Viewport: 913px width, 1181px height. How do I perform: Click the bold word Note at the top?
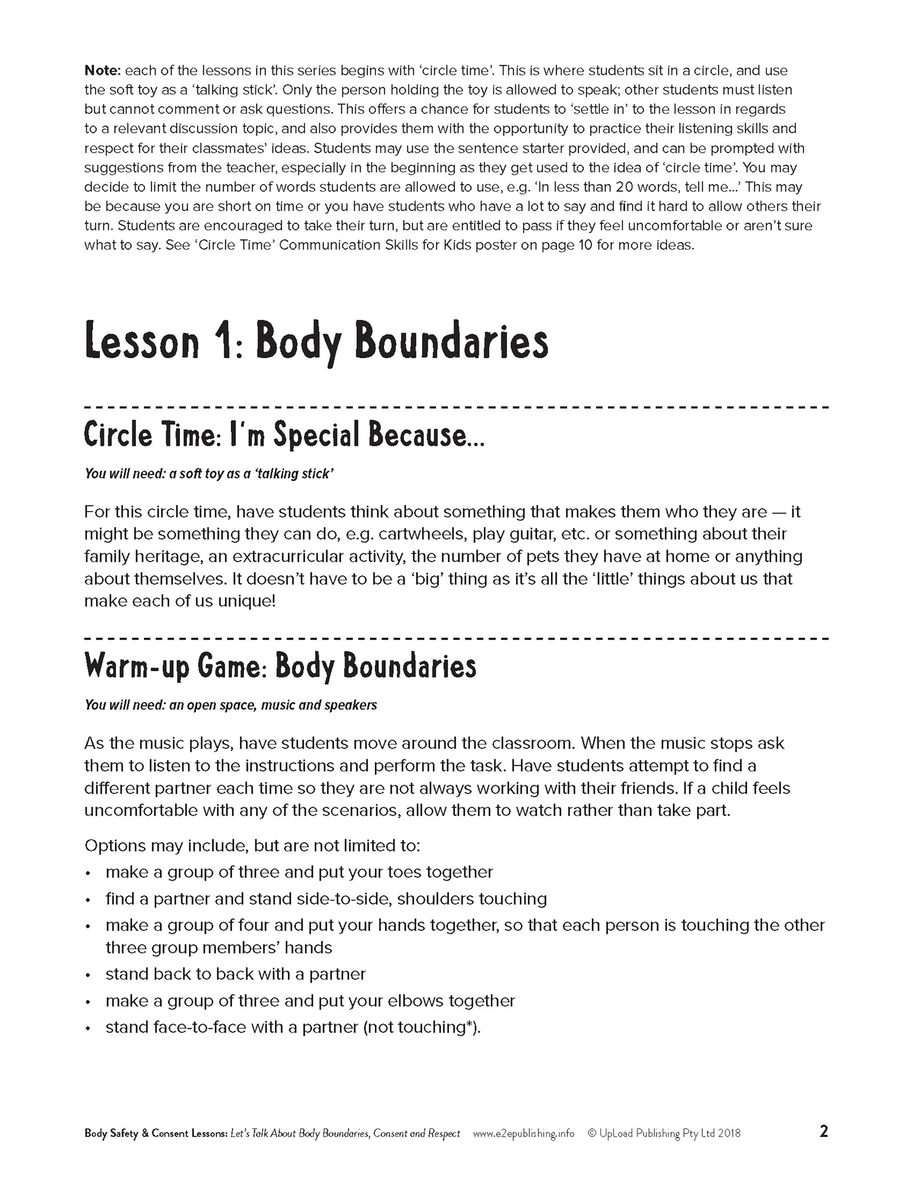103,71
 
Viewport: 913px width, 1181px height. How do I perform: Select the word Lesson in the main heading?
142,342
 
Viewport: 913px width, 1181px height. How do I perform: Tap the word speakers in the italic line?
350,706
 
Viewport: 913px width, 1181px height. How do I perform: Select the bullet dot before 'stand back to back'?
88,975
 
